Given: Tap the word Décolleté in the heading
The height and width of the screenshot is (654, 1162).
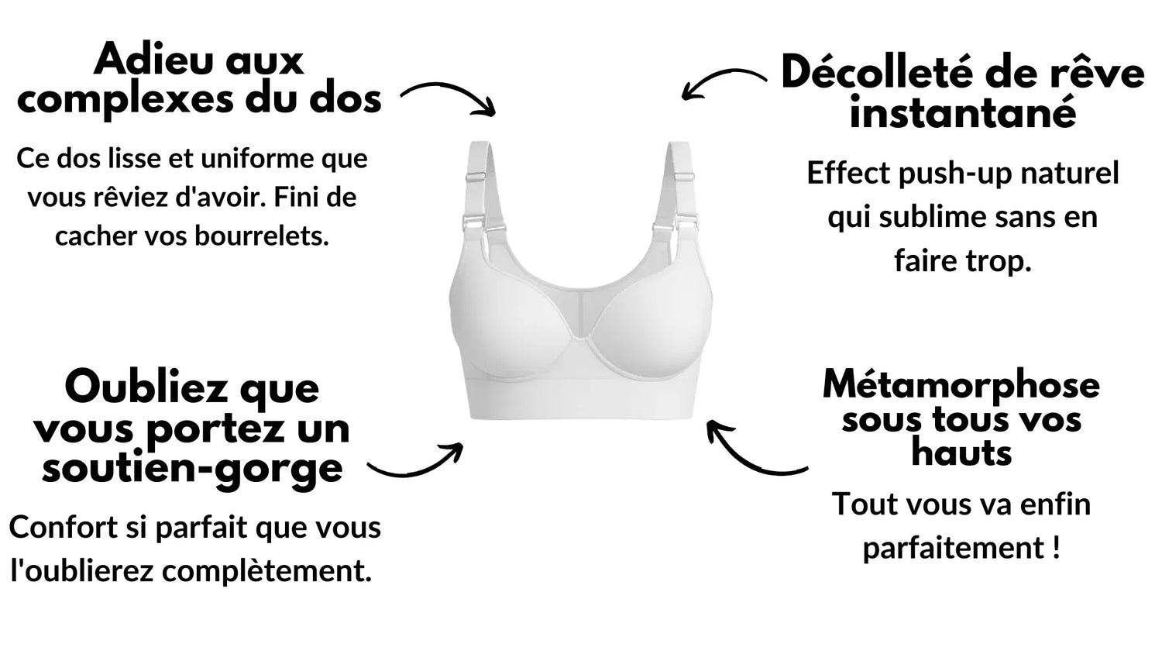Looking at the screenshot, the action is (879, 73).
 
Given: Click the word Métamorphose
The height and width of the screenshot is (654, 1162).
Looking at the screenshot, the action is (961, 385).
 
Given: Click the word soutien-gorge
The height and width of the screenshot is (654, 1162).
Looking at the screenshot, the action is (192, 468).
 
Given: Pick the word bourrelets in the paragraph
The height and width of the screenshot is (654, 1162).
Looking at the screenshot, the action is (262, 236).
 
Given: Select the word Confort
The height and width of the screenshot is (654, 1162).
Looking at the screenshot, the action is (64, 528).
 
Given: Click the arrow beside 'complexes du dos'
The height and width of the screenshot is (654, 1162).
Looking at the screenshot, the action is (448, 95).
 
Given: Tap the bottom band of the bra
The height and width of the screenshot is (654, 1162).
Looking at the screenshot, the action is (581, 400).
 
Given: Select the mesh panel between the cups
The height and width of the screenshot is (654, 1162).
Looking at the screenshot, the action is (580, 312).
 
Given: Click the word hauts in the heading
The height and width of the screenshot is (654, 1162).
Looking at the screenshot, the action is (962, 453).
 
